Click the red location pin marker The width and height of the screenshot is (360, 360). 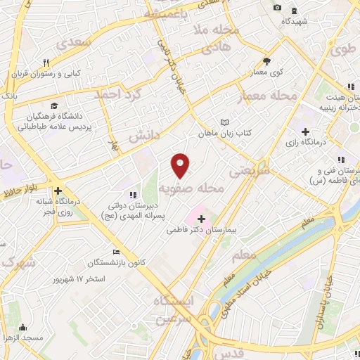181,165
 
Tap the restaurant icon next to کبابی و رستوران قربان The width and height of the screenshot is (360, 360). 46,63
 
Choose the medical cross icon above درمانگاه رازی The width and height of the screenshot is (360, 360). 305,131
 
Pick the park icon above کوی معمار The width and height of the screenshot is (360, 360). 266,60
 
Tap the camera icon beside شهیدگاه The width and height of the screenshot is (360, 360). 277,8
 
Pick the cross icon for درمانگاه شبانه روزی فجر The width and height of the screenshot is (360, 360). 58,191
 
